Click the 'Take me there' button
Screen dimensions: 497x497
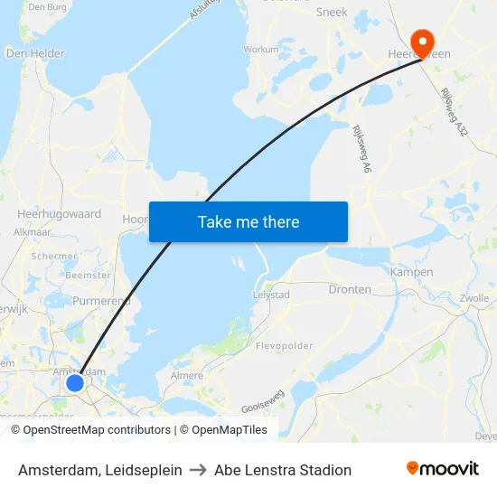pyautogui.click(x=248, y=221)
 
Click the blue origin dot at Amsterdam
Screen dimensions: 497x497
pyautogui.click(x=75, y=383)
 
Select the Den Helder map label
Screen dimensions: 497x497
pyautogui.click(x=35, y=53)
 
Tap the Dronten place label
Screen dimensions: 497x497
pyautogui.click(x=350, y=289)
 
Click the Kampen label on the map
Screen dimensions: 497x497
pyautogui.click(x=411, y=272)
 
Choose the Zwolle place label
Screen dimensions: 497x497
pyautogui.click(x=474, y=298)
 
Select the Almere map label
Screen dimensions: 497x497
pyautogui.click(x=187, y=375)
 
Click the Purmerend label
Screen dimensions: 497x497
pyautogui.click(x=102, y=301)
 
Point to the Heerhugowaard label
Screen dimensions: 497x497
pyautogui.click(x=59, y=215)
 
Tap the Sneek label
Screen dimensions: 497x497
pyautogui.click(x=332, y=13)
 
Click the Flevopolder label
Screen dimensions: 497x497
pyautogui.click(x=284, y=346)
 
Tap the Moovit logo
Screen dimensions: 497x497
pyautogui.click(x=443, y=469)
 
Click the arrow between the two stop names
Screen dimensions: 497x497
pyautogui.click(x=198, y=470)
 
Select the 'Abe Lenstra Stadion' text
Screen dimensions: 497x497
pyautogui.click(x=283, y=470)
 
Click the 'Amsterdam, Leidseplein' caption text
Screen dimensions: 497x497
pyautogui.click(x=99, y=470)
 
